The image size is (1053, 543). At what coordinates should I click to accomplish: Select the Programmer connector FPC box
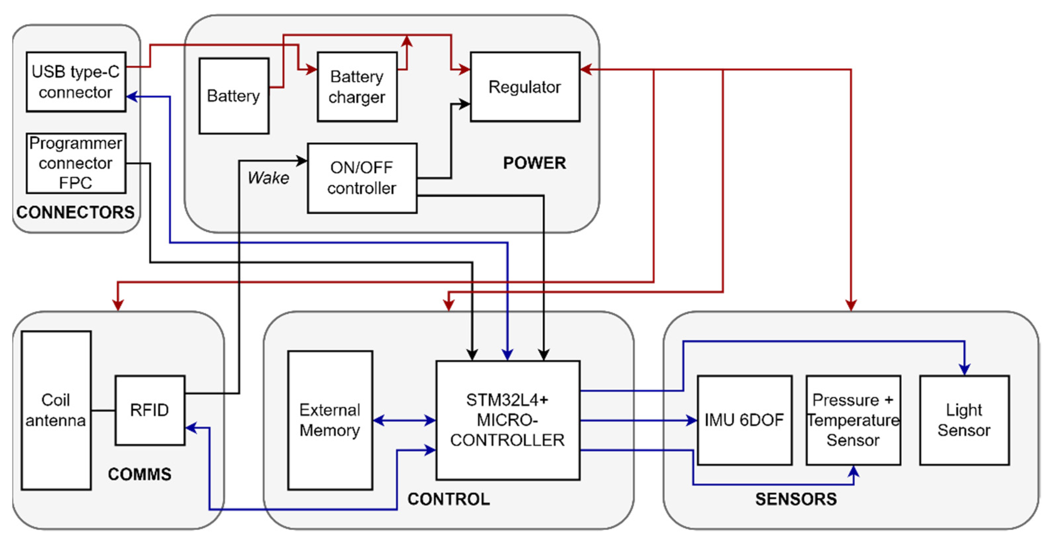[x=76, y=163]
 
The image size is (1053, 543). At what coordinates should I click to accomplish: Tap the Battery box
[x=234, y=96]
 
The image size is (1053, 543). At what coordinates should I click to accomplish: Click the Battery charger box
[x=357, y=86]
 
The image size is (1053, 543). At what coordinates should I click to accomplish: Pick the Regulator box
[x=525, y=86]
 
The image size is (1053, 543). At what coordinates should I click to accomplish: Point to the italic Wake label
[x=268, y=177]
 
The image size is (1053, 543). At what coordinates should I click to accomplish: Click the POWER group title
[x=534, y=163]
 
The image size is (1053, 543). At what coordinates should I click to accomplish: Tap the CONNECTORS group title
[x=76, y=212]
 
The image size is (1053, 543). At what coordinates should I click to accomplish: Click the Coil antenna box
[x=56, y=410]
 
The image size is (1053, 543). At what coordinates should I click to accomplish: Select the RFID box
[x=150, y=410]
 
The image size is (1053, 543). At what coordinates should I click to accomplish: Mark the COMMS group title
[x=139, y=474]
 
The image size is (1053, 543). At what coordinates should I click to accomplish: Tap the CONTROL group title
[x=448, y=499]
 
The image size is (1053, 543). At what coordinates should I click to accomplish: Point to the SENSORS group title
[x=796, y=499]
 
